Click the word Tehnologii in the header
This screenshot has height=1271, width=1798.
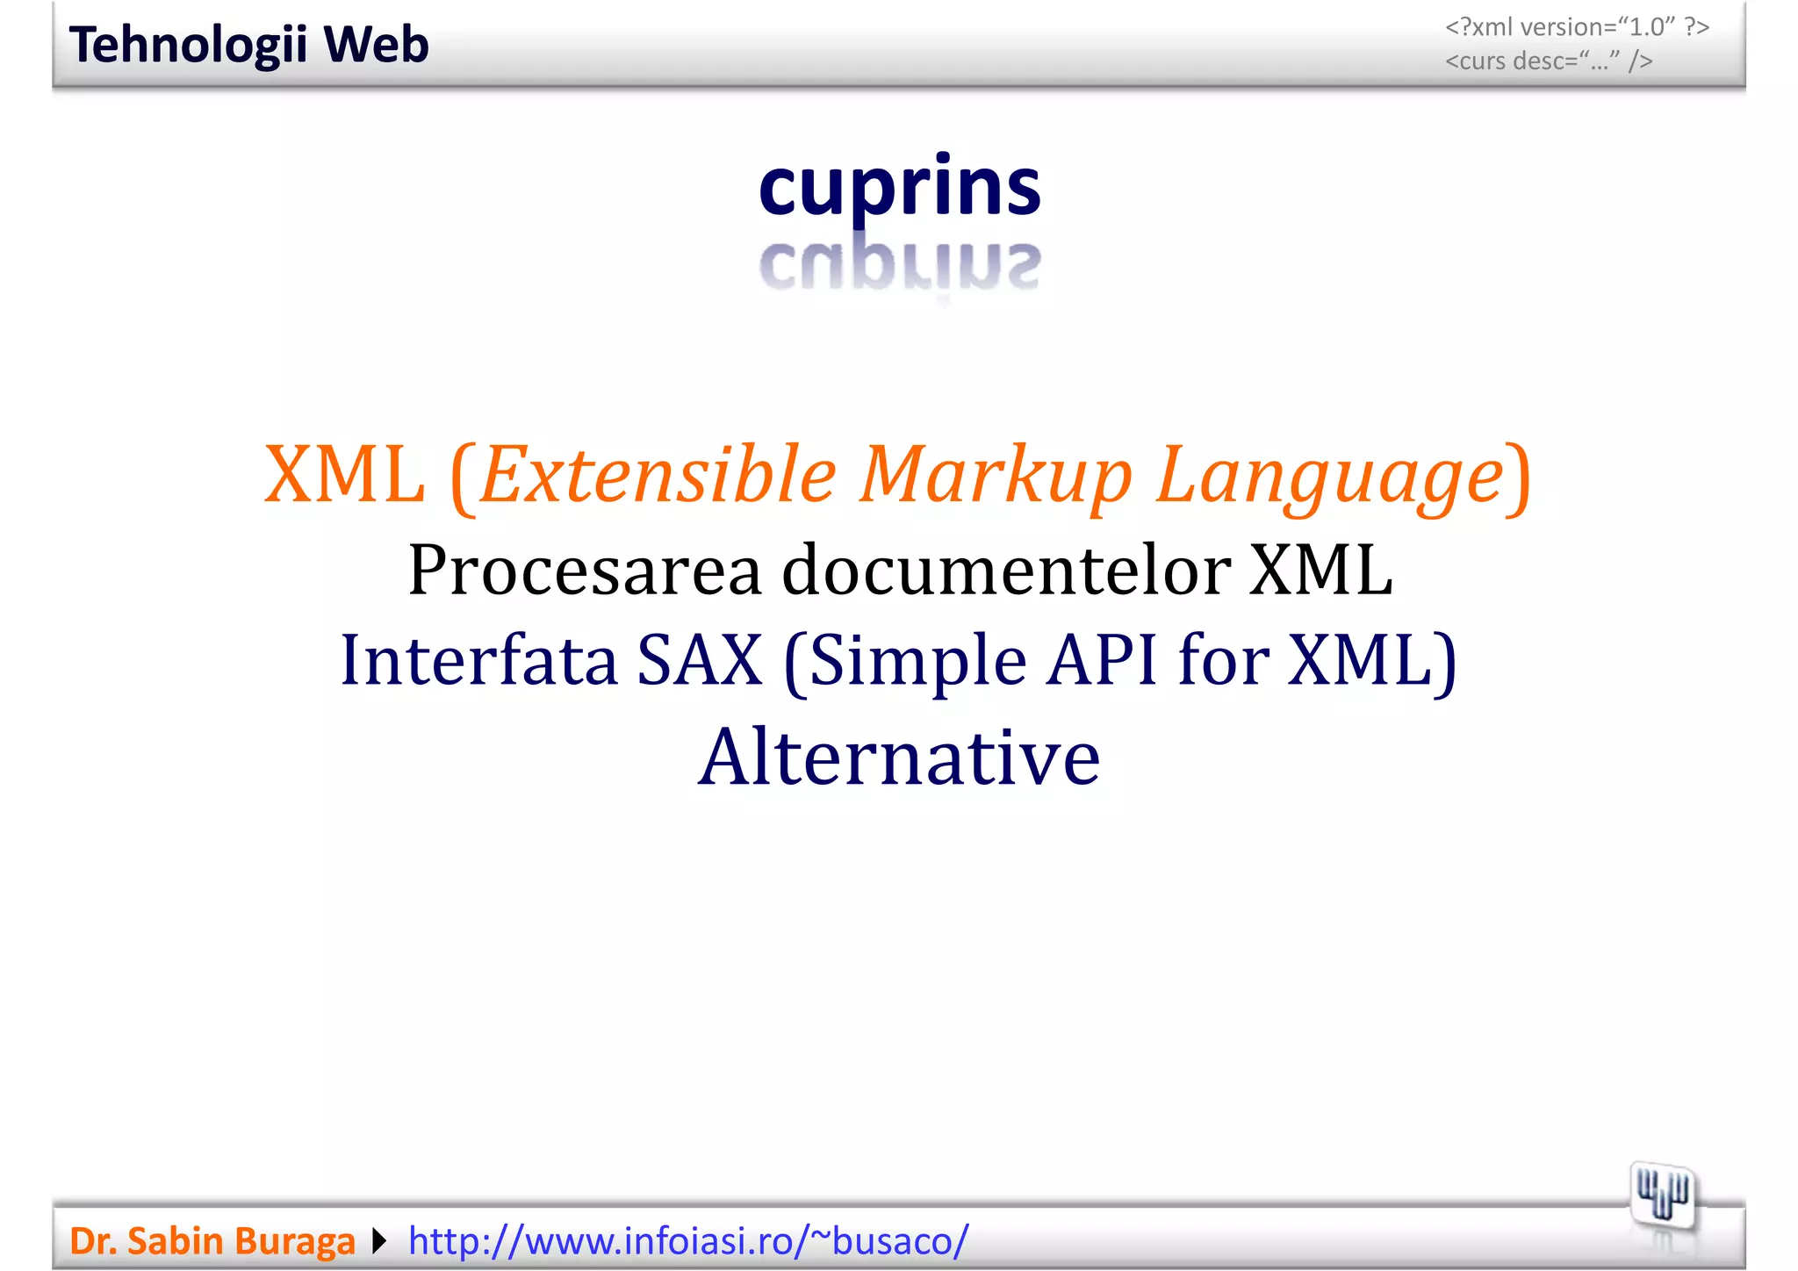(188, 46)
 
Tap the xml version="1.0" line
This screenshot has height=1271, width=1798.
(1577, 27)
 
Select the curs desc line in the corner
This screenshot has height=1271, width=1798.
(1549, 61)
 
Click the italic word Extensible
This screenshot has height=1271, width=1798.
(658, 475)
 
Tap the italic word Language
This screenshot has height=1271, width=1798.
(1329, 475)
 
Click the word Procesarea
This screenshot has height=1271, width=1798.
(585, 571)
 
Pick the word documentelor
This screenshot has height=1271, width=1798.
(1006, 571)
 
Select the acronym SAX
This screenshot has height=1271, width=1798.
(700, 660)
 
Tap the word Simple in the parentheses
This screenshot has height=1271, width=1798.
(917, 660)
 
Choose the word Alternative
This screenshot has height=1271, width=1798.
(899, 757)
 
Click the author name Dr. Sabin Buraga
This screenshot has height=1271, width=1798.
(212, 1241)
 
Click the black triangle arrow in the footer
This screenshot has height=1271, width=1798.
(379, 1241)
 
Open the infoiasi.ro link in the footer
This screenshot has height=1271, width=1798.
(688, 1241)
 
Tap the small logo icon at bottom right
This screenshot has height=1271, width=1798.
(1662, 1196)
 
